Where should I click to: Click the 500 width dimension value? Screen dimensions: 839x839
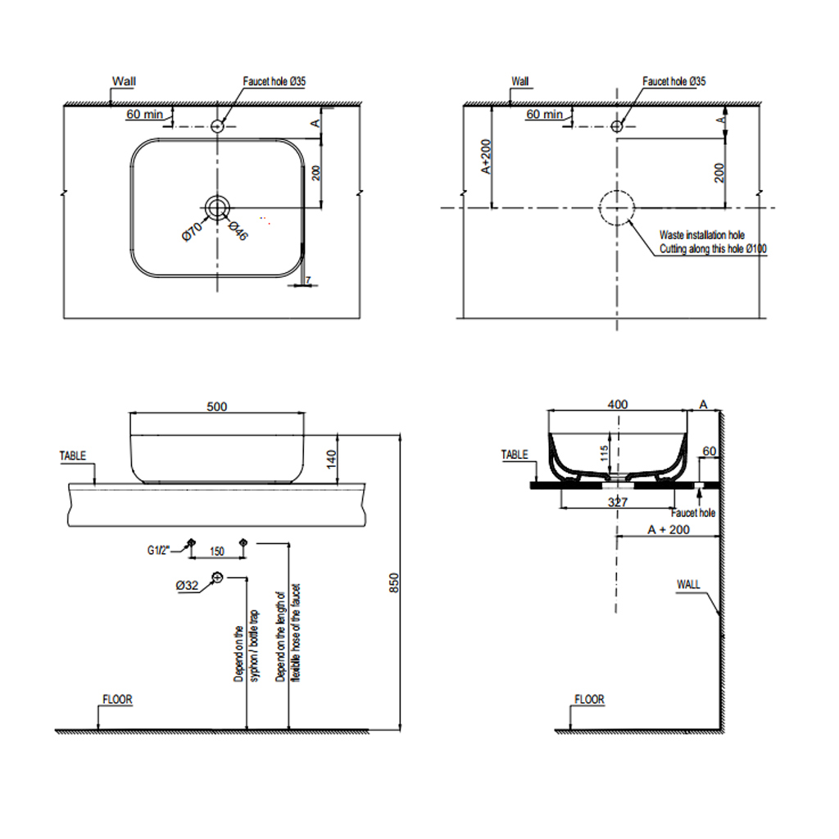216,406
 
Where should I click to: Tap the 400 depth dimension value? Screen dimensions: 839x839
618,405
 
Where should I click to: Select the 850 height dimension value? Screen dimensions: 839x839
394,583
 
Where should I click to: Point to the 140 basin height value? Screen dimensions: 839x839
331,459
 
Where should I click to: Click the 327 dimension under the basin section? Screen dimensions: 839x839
618,502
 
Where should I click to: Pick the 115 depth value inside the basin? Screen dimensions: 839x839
604,453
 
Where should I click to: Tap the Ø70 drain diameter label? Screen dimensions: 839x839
192,230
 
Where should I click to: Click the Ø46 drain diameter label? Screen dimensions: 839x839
238,230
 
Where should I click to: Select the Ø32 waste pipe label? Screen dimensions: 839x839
187,586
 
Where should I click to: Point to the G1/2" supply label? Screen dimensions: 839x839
158,550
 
